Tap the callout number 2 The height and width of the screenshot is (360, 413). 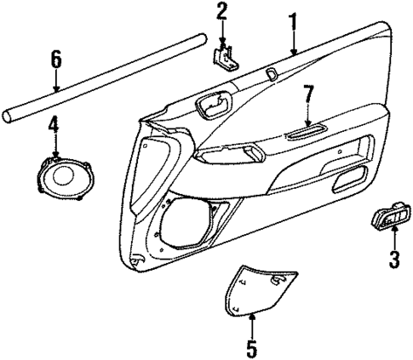tap(221, 12)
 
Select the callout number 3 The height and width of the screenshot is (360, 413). tap(393, 260)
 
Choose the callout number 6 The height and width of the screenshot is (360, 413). tap(56, 59)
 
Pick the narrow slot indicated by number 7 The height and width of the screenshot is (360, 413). tap(307, 129)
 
